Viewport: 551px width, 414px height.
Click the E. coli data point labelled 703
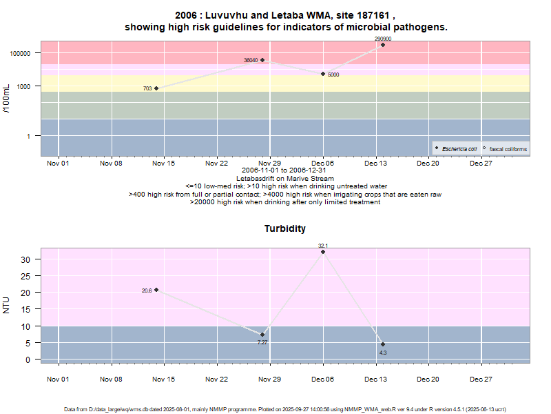[x=156, y=88]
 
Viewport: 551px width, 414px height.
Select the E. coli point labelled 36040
[x=262, y=60]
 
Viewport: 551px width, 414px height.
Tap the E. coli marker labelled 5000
[x=323, y=74]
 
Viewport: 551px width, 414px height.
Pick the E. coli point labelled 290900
[x=383, y=45]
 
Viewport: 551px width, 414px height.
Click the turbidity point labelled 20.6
[x=156, y=290]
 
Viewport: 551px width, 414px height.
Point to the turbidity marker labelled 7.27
[x=262, y=335]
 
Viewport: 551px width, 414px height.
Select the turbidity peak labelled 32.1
[x=323, y=252]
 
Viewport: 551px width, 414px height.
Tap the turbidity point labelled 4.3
[x=383, y=344]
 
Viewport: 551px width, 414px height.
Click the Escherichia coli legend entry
[x=459, y=148]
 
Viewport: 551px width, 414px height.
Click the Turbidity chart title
[x=285, y=228]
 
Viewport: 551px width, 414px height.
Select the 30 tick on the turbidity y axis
[x=26, y=259]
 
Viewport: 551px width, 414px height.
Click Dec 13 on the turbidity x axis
[x=375, y=379]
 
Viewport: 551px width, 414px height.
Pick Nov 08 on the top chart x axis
[x=111, y=164]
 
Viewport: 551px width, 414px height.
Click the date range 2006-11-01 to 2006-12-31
[x=285, y=170]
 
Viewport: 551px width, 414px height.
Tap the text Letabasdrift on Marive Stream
[x=285, y=179]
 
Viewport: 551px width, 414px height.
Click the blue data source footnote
[x=285, y=409]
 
